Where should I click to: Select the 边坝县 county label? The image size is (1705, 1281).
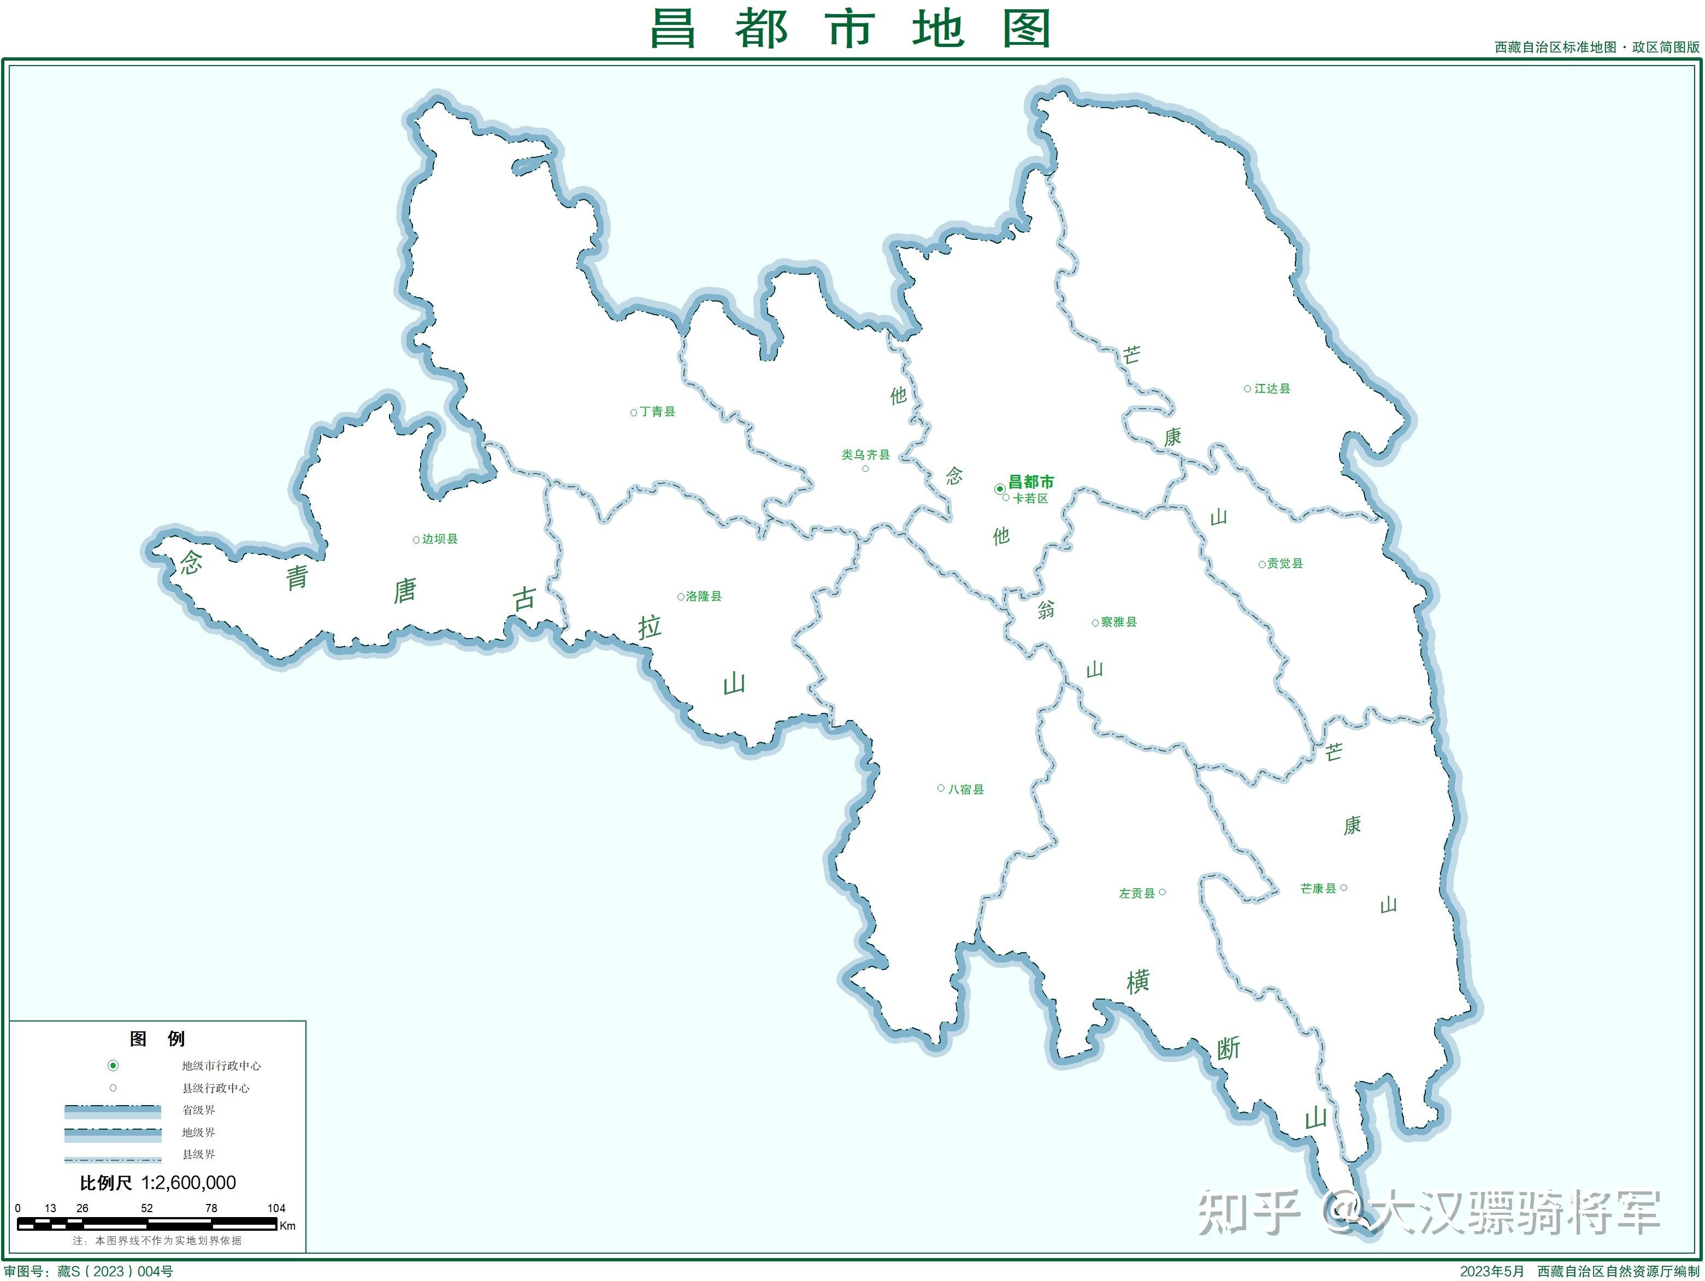(439, 539)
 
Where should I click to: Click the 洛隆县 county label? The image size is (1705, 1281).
(703, 596)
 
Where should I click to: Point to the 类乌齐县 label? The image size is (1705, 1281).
(865, 454)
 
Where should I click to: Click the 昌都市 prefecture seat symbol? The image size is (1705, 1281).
(1000, 489)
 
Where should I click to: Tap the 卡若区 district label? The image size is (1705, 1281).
(1030, 499)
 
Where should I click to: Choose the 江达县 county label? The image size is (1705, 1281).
(1272, 388)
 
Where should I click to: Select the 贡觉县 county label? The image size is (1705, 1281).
(1285, 563)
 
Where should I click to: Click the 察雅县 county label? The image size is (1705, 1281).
(1118, 622)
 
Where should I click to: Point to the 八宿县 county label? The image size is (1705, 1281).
(966, 789)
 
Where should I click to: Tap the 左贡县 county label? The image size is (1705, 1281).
(1137, 893)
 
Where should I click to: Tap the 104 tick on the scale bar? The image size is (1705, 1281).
(276, 1208)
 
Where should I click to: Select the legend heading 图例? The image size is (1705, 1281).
(157, 1038)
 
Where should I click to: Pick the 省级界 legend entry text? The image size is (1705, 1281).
(198, 1110)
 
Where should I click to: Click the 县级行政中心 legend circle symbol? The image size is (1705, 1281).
(113, 1088)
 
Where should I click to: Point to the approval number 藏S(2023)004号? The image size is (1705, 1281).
(116, 1271)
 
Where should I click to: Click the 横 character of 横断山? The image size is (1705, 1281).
(1138, 981)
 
